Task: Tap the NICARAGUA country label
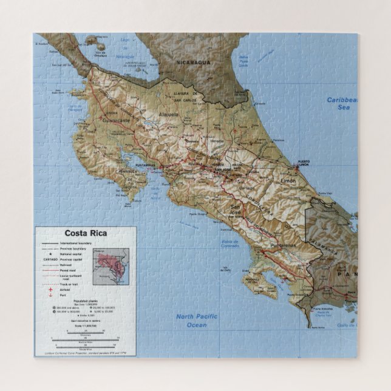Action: pyautogui.click(x=194, y=63)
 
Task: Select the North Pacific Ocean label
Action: pyautogui.click(x=192, y=321)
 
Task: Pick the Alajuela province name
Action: pyautogui.click(x=168, y=114)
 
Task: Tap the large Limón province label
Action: pyautogui.click(x=288, y=181)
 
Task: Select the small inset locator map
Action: pyautogui.click(x=112, y=266)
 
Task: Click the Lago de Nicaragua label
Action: pyautogui.click(x=126, y=56)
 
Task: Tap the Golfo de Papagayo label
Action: pyautogui.click(x=75, y=108)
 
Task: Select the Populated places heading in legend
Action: pyautogui.click(x=84, y=301)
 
